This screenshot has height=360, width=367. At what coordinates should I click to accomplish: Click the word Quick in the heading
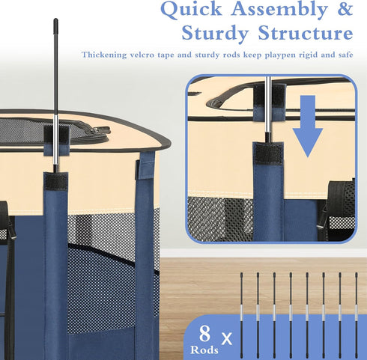(x=191, y=10)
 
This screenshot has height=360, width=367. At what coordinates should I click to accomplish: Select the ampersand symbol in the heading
(x=345, y=10)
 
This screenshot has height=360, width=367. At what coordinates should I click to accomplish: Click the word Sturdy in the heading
(x=215, y=34)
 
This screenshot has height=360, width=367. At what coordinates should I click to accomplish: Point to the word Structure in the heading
(x=306, y=32)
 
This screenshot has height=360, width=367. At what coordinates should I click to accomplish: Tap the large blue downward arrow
(x=308, y=126)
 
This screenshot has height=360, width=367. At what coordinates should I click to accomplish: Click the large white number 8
(x=204, y=334)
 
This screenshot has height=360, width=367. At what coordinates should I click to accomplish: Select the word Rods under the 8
(x=204, y=350)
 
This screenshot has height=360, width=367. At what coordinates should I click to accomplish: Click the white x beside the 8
(x=227, y=338)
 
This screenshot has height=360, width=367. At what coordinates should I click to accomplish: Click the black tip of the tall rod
(x=55, y=22)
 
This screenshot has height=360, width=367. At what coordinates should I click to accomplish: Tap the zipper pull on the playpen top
(x=101, y=130)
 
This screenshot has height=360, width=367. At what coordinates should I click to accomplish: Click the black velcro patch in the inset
(x=268, y=153)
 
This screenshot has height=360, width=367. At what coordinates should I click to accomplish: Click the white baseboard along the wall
(x=264, y=253)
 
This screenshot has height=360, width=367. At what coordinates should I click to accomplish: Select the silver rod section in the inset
(x=267, y=105)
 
